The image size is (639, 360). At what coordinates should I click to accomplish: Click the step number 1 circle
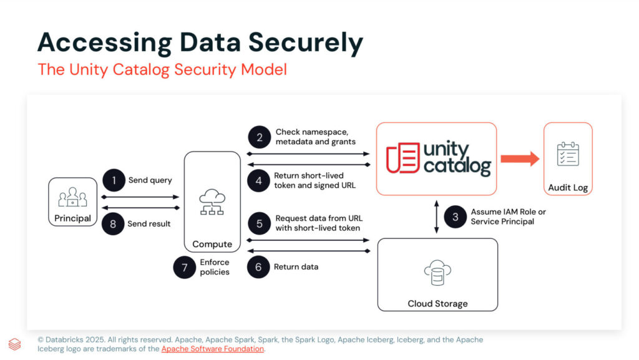pyautogui.click(x=114, y=181)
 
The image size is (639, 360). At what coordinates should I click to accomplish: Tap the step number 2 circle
pyautogui.click(x=259, y=137)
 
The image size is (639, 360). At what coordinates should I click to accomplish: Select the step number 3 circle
pyautogui.click(x=456, y=216)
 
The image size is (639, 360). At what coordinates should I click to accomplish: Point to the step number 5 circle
pyautogui.click(x=259, y=223)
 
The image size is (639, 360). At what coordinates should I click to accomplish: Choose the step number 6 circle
pyautogui.click(x=259, y=267)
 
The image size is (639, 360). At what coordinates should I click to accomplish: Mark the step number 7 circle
pyautogui.click(x=185, y=268)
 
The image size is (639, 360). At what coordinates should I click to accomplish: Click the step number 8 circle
pyautogui.click(x=114, y=223)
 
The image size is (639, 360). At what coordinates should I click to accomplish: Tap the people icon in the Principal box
pyautogui.click(x=72, y=197)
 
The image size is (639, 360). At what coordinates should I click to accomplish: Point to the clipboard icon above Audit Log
pyautogui.click(x=568, y=153)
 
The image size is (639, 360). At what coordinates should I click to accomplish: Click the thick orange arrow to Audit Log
pyautogui.click(x=519, y=158)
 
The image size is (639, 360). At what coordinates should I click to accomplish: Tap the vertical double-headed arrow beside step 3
pyautogui.click(x=436, y=217)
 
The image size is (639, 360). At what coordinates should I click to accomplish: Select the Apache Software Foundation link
pyautogui.click(x=212, y=349)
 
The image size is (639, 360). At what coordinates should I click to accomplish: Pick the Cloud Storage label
pyautogui.click(x=437, y=304)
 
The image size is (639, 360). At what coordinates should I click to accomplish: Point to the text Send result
pyautogui.click(x=149, y=223)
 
